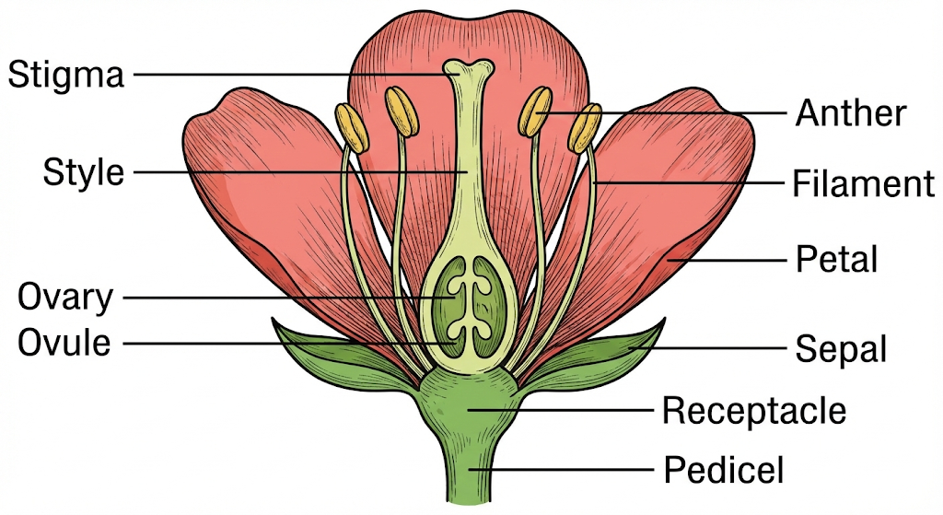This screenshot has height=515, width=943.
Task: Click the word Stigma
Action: pyautogui.click(x=65, y=74)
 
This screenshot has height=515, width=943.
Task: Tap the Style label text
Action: pyautogui.click(x=83, y=172)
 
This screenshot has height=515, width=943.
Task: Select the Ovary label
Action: pyautogui.click(x=65, y=298)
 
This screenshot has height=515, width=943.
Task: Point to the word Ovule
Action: pyautogui.click(x=64, y=344)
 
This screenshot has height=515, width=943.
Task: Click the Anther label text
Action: pyautogui.click(x=851, y=113)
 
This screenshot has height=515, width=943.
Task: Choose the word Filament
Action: pyautogui.click(x=863, y=184)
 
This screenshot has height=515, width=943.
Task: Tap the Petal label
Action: pyautogui.click(x=836, y=259)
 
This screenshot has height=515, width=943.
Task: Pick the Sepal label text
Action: pyautogui.click(x=840, y=349)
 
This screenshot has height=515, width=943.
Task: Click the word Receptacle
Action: pyautogui.click(x=753, y=411)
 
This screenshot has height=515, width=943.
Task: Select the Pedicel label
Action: pyautogui.click(x=723, y=471)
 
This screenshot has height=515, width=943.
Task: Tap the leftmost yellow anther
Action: pyautogui.click(x=351, y=127)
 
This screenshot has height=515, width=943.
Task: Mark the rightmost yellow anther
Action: pyautogui.click(x=586, y=127)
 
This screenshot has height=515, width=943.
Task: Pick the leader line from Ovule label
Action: pyautogui.click(x=276, y=344)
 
